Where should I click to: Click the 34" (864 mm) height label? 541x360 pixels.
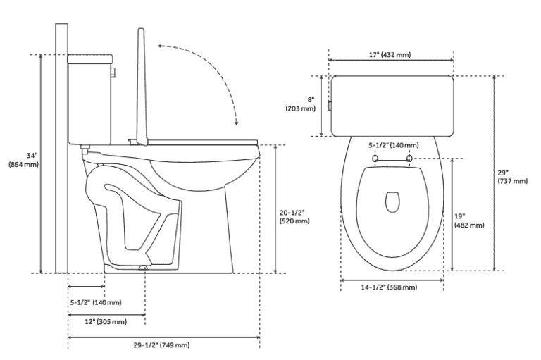pos(23,159)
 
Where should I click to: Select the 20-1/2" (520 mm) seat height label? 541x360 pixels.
pos(294,216)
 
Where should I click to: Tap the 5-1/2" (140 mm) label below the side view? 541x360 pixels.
pos(95,302)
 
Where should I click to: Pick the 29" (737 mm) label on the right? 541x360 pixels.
pos(512,176)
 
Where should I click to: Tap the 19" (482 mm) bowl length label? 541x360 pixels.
pos(470,221)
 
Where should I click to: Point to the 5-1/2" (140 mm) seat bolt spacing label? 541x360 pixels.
pos(394,145)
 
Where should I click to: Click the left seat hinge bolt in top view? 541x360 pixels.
pos(375,159)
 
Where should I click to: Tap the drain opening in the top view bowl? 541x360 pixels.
pos(392,202)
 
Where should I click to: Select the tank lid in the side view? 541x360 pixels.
pos(90,56)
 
